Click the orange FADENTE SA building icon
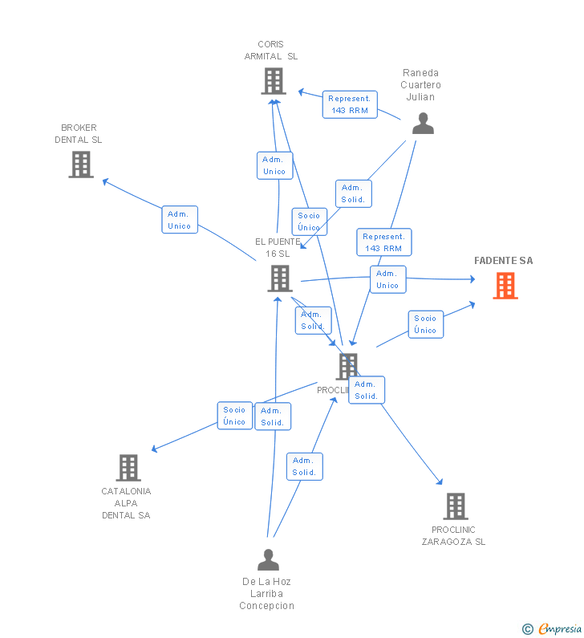[x=505, y=286]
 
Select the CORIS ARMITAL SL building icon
[x=274, y=81]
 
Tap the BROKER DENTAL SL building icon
[x=81, y=165]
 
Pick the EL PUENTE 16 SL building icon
[x=279, y=278]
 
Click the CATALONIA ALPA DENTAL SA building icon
[x=128, y=468]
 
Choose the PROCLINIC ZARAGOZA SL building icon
[x=456, y=506]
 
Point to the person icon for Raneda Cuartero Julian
[x=423, y=124]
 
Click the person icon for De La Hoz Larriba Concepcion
[x=268, y=559]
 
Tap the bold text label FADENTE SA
[x=503, y=261]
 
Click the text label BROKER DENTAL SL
[x=79, y=134]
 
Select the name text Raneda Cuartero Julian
[x=421, y=85]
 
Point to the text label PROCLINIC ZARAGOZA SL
[x=453, y=535]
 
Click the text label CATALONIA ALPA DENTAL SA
[x=126, y=503]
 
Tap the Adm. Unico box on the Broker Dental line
[x=180, y=220]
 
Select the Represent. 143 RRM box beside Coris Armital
[x=350, y=104]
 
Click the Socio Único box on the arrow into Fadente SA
[x=425, y=324]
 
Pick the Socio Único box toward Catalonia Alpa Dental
[x=234, y=416]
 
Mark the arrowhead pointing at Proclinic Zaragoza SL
[x=439, y=482]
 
